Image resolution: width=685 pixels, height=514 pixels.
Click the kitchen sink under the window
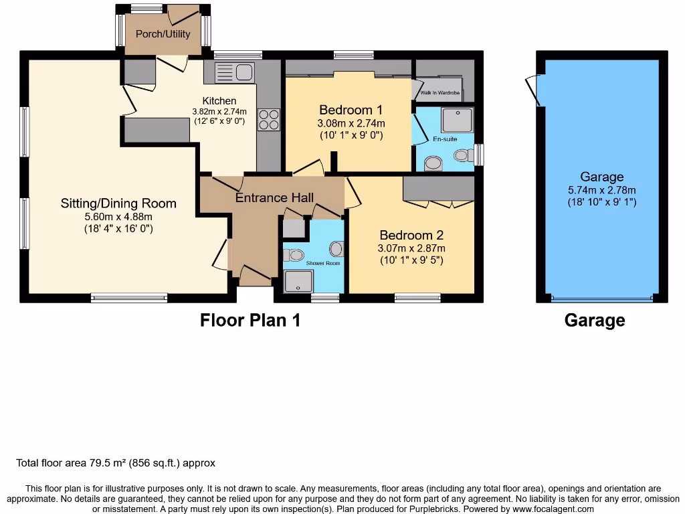tap(233, 72)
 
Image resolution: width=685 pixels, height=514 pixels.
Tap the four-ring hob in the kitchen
tap(269, 120)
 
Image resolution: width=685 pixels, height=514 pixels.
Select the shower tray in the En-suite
tap(457, 120)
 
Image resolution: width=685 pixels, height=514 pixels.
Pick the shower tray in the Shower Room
tap(294, 282)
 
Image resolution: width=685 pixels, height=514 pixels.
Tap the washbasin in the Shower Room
tap(336, 249)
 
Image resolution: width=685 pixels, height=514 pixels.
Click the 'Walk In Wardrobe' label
tap(439, 93)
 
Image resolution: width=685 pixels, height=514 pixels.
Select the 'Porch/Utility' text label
tap(163, 33)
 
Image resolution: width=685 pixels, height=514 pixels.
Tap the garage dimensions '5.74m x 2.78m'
tap(601, 189)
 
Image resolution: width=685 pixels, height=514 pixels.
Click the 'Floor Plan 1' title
tap(250, 321)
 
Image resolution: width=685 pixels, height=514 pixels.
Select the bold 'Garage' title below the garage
tap(594, 321)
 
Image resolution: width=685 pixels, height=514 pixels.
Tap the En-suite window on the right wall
tap(479, 154)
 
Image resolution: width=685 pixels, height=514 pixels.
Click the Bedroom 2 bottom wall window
tap(417, 298)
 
